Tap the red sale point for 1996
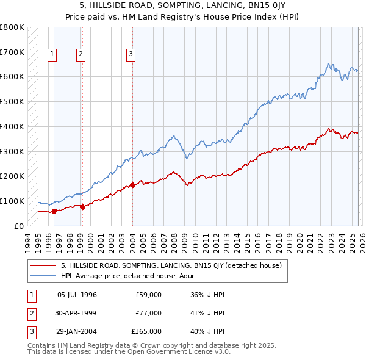coord(54,211)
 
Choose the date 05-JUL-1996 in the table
coord(77,295)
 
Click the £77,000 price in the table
coord(148,313)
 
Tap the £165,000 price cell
coord(146,331)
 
